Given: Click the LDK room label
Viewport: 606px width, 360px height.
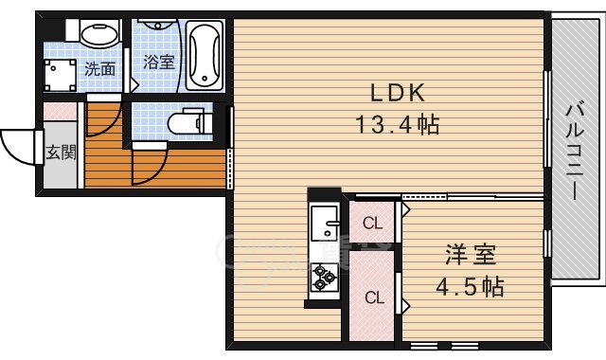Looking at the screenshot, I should click(397, 93).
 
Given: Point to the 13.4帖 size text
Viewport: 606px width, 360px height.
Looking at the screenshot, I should click(397, 123).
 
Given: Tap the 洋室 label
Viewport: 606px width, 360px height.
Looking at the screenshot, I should click(471, 254).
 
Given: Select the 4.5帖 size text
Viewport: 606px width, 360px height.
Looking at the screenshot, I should click(471, 284).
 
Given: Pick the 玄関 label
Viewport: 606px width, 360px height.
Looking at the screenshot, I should click(62, 152).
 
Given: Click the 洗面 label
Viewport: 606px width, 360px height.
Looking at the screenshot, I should click(99, 68).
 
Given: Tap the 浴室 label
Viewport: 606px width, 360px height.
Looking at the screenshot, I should click(158, 63).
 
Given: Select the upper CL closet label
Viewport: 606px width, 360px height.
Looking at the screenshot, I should click(373, 225).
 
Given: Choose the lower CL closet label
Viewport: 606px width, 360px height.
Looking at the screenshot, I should click(375, 297).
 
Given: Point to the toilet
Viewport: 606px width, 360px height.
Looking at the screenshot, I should click(186, 122).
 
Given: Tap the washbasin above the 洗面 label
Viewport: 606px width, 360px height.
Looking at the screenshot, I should click(97, 35).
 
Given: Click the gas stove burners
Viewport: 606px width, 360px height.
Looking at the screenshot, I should click(325, 278).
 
